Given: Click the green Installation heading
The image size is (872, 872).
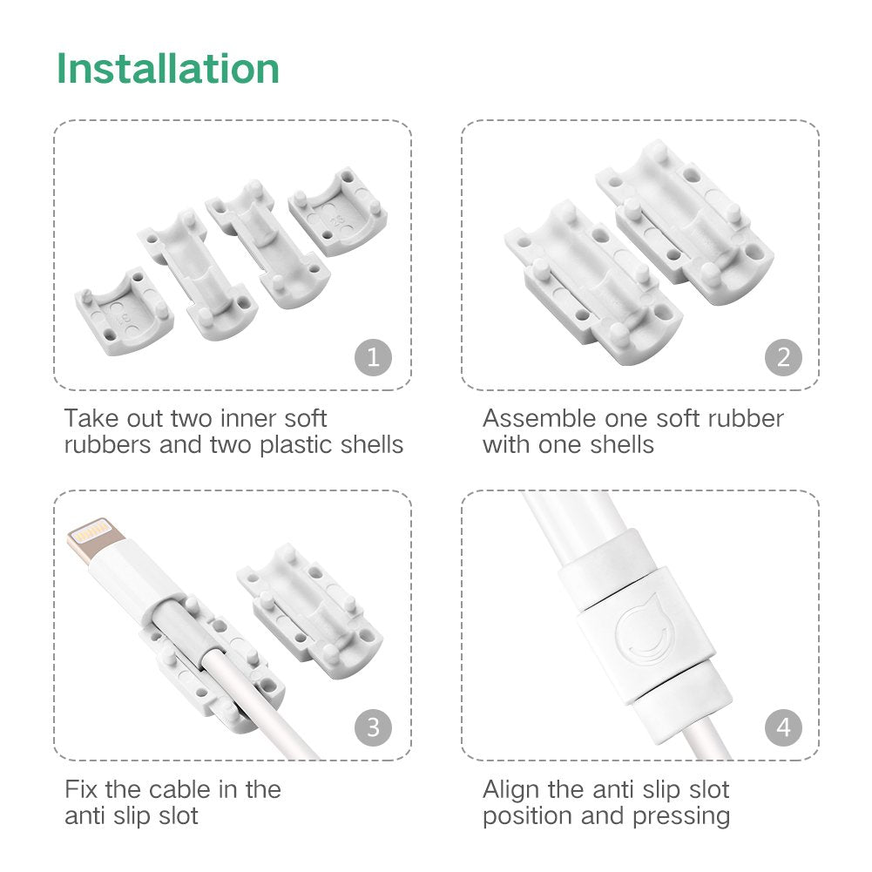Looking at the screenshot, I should click(168, 69).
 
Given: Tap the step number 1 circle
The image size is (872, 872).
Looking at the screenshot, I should click(373, 357).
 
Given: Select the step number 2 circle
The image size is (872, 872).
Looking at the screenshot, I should click(783, 357).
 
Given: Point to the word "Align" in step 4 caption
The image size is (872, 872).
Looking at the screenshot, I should click(512, 790).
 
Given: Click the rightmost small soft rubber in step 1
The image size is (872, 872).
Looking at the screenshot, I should click(339, 213).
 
